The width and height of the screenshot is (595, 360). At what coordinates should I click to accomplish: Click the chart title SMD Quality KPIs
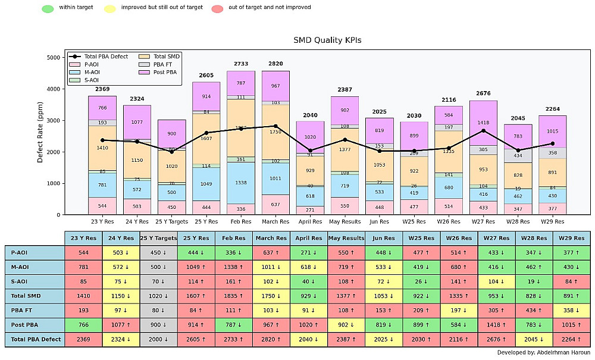[327, 40]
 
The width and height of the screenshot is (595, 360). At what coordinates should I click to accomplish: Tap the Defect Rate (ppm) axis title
[40, 135]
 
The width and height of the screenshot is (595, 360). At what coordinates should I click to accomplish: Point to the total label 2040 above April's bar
[310, 115]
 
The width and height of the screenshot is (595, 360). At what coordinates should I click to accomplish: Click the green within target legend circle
[48, 9]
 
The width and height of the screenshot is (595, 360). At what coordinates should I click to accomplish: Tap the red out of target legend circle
[218, 9]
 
